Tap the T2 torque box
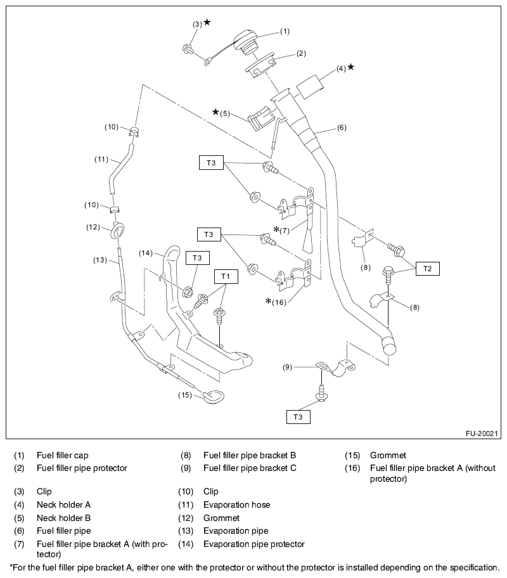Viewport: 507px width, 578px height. click(x=427, y=269)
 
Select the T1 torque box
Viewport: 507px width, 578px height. click(x=226, y=277)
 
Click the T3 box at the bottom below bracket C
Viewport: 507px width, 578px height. click(x=298, y=416)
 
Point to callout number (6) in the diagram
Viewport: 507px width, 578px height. click(x=342, y=128)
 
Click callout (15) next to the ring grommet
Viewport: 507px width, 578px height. click(x=184, y=395)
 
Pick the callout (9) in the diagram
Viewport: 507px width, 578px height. click(x=287, y=366)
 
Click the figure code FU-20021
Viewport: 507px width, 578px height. click(x=480, y=433)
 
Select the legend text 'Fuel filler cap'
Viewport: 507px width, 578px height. click(x=62, y=455)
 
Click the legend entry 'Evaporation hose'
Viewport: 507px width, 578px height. click(x=236, y=504)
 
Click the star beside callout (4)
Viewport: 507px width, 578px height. click(x=351, y=67)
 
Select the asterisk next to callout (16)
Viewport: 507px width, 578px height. click(x=269, y=301)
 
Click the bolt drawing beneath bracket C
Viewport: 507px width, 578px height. click(x=321, y=393)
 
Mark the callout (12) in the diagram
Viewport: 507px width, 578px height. click(x=93, y=227)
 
